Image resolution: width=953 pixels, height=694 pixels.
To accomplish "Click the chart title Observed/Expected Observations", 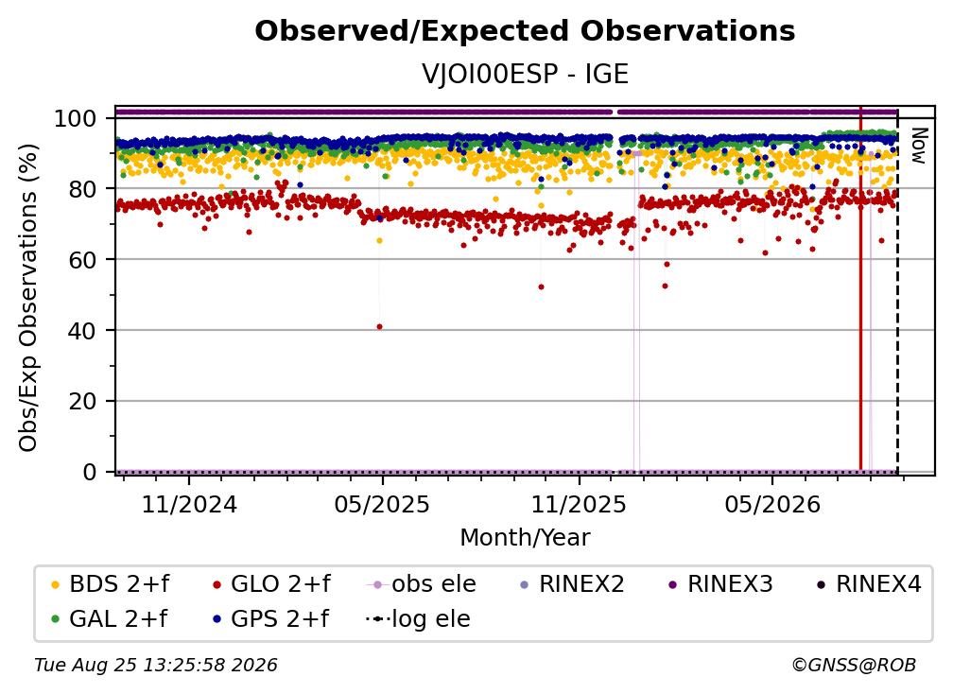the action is [525, 31].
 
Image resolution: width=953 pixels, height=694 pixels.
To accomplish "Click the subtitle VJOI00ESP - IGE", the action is [525, 74].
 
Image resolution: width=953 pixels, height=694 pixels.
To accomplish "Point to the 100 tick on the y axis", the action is [75, 118].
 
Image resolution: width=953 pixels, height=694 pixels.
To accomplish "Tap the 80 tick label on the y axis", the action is [82, 189].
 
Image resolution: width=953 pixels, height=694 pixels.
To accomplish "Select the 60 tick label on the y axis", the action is [82, 259].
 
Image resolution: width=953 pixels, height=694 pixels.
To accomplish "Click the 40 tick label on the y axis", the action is [82, 331].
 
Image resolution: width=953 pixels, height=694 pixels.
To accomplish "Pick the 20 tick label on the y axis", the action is [82, 401].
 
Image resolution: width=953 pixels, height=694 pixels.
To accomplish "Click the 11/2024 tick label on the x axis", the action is [189, 504].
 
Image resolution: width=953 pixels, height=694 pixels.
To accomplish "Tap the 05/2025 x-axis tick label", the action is [382, 504].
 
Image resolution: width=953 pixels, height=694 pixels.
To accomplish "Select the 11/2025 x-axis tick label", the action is [579, 504].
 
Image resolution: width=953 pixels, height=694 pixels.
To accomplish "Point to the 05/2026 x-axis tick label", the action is [771, 504].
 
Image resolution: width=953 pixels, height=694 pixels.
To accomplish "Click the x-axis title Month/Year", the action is [525, 538].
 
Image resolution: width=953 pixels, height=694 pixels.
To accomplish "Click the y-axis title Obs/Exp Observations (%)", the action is [28, 298].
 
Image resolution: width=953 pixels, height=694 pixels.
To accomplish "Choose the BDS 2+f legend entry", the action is [110, 584].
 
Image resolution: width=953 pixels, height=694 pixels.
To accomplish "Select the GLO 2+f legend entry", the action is [271, 584].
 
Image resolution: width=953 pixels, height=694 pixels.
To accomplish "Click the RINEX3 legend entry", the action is [720, 584].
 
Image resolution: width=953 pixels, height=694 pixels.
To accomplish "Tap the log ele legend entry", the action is [418, 619].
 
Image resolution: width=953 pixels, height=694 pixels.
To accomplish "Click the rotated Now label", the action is [918, 146].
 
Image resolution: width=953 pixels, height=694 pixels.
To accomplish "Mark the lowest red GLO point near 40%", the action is [380, 327].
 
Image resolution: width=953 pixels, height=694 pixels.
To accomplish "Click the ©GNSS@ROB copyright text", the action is [854, 666].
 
